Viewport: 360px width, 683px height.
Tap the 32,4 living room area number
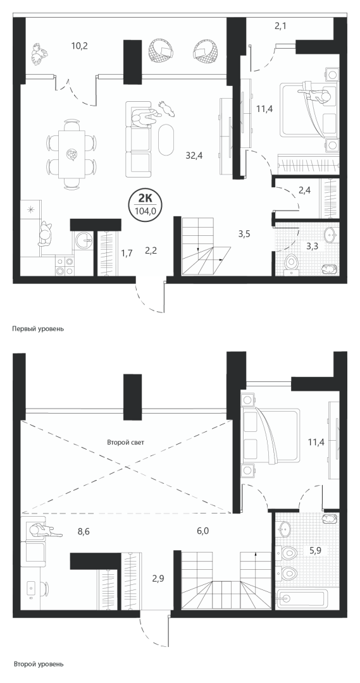click(x=192, y=155)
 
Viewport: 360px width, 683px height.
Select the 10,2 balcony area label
click(x=79, y=46)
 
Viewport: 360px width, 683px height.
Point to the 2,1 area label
click(x=281, y=26)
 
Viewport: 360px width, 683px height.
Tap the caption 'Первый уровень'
click(x=39, y=329)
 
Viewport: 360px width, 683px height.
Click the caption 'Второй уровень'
click(x=39, y=664)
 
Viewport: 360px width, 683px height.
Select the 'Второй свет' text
click(x=125, y=442)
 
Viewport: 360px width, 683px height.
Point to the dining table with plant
click(x=71, y=155)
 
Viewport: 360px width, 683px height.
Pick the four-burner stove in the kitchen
click(x=65, y=266)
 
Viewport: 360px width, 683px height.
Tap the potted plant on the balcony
click(x=40, y=52)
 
